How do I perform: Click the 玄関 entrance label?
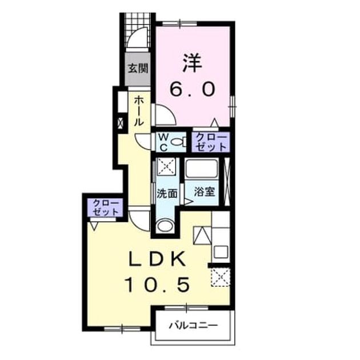point(138,68)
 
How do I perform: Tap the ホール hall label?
point(139,111)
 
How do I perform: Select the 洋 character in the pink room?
point(192,63)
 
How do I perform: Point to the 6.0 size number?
point(193,89)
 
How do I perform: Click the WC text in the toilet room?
point(163,143)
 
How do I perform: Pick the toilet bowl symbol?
point(179,142)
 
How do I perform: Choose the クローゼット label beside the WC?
point(211,143)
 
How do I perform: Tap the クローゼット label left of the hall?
point(106,208)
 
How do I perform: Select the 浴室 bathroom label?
point(205,192)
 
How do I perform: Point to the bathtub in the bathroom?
point(202,169)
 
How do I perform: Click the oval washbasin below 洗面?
point(165,226)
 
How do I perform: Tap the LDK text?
point(158,259)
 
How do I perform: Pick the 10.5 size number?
point(158,285)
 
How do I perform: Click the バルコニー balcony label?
point(193,325)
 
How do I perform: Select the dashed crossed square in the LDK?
point(221,277)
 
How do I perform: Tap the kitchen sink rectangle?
point(221,252)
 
